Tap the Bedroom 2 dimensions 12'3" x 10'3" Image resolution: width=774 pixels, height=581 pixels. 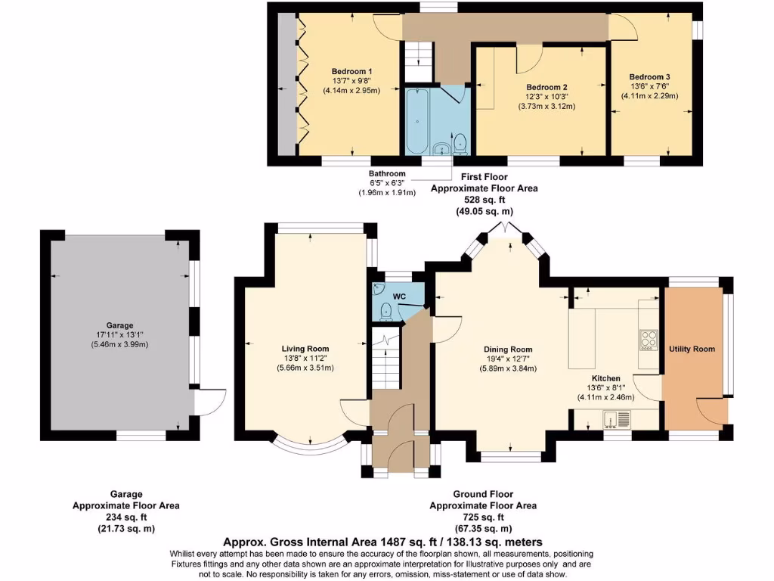pyautogui.click(x=546, y=97)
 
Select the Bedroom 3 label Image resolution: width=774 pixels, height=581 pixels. pyautogui.click(x=649, y=77)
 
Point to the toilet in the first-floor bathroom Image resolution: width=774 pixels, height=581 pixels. pyautogui.click(x=460, y=142)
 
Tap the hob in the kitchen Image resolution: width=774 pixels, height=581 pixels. pyautogui.click(x=648, y=340)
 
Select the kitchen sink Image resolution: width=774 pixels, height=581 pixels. pyautogui.click(x=617, y=418)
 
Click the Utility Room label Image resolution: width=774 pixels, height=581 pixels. pyautogui.click(x=692, y=349)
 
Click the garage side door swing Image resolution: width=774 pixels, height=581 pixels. pyautogui.click(x=212, y=401)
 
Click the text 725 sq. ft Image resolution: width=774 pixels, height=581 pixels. pyautogui.click(x=483, y=517)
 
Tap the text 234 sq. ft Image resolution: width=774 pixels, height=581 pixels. pyautogui.click(x=125, y=517)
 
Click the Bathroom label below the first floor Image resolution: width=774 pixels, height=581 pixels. pyautogui.click(x=386, y=173)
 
